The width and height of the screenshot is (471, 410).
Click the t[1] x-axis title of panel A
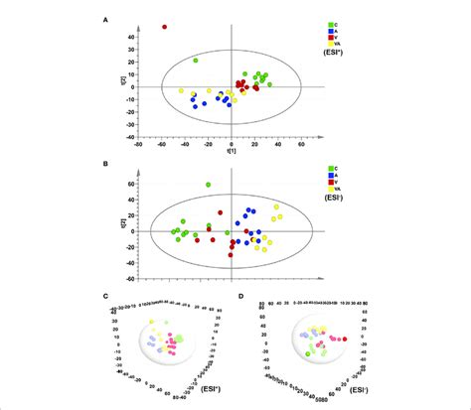tap(230, 151)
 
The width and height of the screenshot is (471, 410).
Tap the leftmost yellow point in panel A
tap(182, 91)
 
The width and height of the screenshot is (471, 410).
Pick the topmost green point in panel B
tap(209, 185)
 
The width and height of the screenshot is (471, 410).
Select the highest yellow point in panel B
tap(276, 207)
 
